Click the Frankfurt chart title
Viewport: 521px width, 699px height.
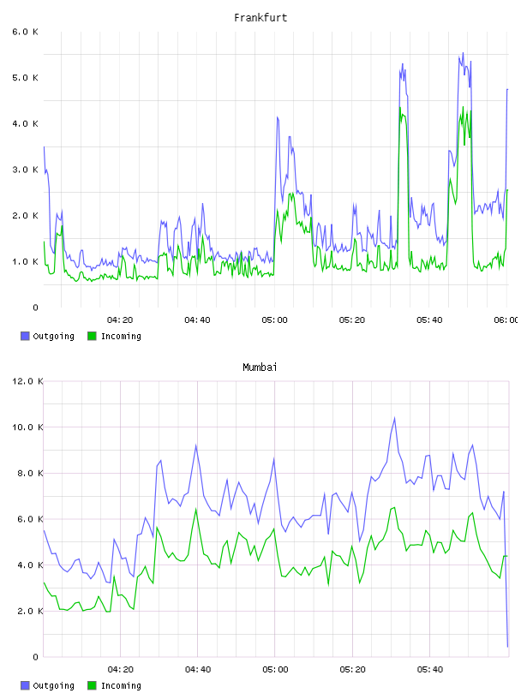(260, 18)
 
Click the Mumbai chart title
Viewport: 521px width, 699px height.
(260, 367)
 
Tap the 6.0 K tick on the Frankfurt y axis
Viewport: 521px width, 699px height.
(25, 32)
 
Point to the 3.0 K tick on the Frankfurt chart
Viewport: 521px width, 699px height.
(25, 170)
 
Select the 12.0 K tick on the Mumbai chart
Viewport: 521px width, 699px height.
(27, 381)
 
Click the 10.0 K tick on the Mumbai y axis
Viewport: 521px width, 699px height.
(27, 427)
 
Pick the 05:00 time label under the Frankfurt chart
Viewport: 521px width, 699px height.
(275, 320)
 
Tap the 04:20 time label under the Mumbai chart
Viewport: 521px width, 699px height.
(121, 670)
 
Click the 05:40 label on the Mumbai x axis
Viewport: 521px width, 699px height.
(430, 670)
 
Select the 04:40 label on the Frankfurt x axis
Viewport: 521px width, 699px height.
(197, 320)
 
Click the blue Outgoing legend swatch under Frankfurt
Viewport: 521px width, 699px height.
(25, 336)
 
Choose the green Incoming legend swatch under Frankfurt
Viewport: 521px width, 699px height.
(92, 336)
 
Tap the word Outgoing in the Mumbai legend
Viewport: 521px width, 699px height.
(53, 685)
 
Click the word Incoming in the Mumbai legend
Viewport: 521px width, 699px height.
(121, 685)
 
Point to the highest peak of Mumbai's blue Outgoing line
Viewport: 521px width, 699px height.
(394, 418)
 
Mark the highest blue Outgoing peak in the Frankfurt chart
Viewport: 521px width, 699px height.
(463, 53)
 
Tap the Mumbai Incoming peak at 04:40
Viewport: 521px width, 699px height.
(196, 509)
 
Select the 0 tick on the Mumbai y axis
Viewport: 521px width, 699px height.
(36, 657)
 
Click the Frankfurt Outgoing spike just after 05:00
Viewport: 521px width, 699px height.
(278, 117)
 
